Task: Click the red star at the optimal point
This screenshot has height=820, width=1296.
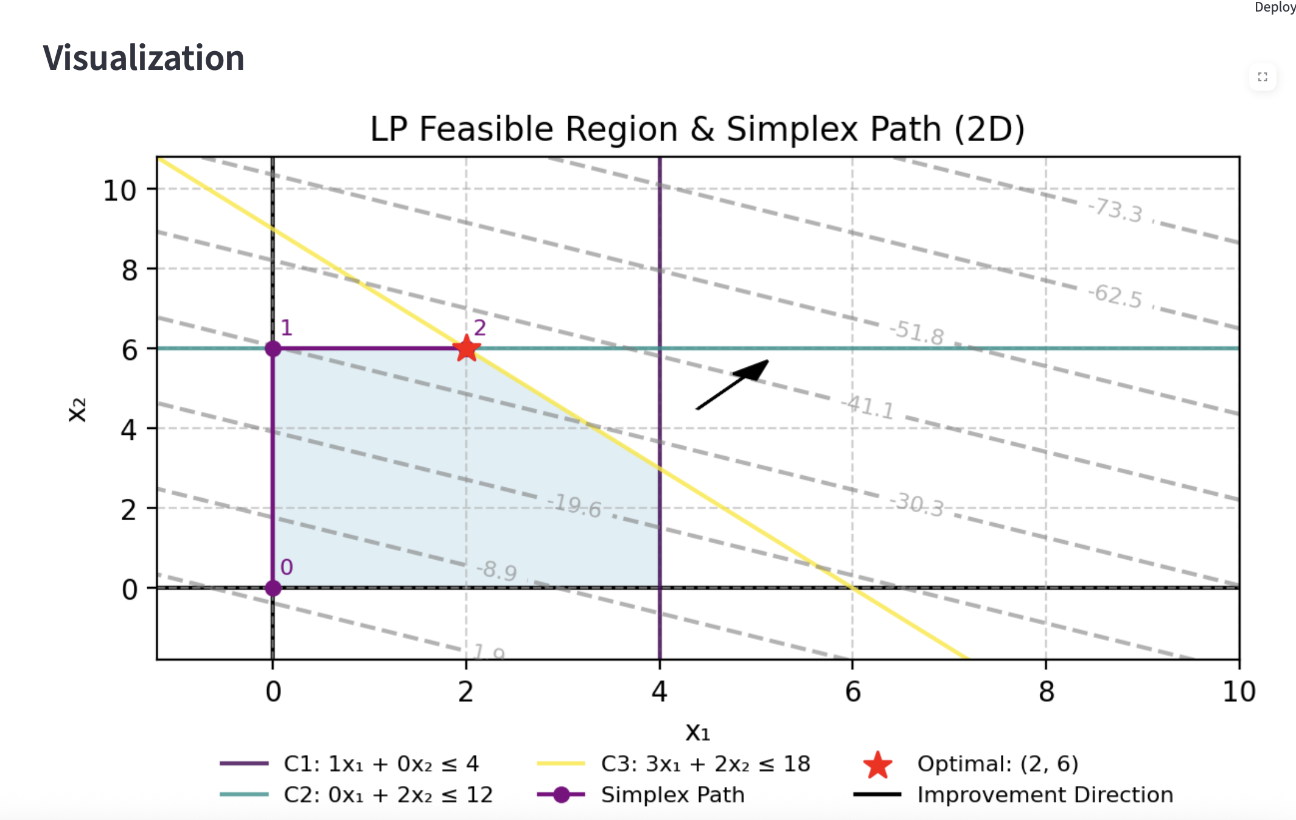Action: coord(467,349)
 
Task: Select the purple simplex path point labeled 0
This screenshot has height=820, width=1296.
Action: coord(273,588)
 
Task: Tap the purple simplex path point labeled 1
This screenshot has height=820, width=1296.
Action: coord(273,349)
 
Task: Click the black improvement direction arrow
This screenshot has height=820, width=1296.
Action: coord(733,384)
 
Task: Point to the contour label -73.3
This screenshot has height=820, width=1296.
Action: coord(1115,210)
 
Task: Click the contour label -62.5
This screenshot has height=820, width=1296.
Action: coord(1115,296)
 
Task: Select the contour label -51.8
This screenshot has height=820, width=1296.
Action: coord(916,333)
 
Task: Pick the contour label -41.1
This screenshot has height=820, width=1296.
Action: coord(868,407)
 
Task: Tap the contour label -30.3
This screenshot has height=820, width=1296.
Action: coord(916,504)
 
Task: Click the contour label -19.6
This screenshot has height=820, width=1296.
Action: coord(574,506)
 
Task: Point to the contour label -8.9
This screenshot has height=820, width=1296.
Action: coord(496,571)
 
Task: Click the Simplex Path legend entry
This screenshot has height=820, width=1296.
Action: coord(672,794)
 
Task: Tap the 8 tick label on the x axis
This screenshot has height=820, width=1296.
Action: coord(1046,692)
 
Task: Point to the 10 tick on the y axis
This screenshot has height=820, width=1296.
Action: coord(119,190)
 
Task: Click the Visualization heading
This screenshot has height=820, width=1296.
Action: coord(144,58)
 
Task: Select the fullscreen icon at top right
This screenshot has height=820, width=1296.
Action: coord(1263,77)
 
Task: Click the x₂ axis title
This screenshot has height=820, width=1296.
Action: coord(77,409)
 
